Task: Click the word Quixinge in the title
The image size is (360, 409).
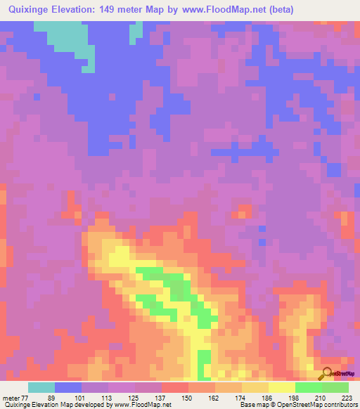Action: point(30,10)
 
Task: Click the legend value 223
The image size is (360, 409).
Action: point(345,398)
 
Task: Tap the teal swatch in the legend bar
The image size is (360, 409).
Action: point(41,387)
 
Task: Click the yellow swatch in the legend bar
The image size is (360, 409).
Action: point(281,387)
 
